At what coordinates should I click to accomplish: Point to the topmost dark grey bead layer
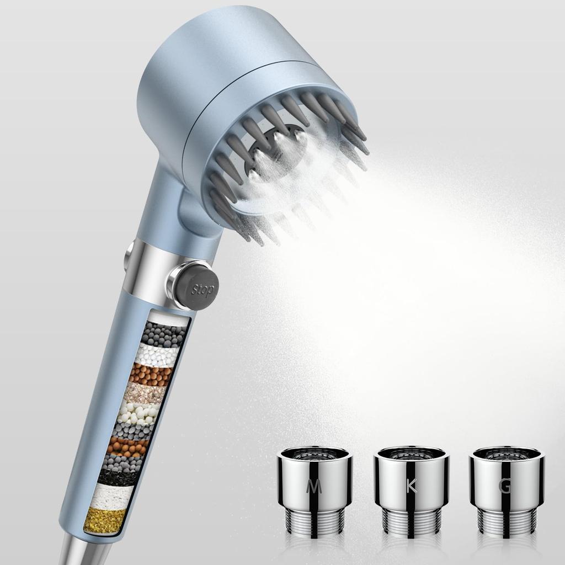point(163,334)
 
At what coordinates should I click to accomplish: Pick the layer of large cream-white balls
point(138,412)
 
